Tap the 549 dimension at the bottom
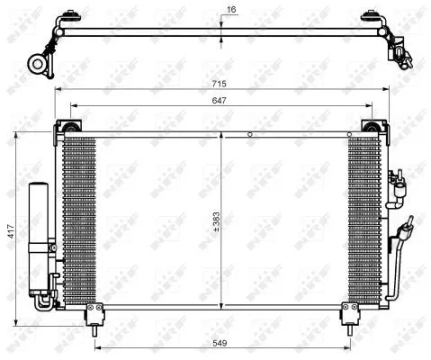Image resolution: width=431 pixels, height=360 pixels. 220,341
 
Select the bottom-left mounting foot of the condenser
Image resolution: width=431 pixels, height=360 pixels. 93,314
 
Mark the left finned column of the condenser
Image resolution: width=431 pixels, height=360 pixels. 79,221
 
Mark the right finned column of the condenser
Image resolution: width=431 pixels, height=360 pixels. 364,221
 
